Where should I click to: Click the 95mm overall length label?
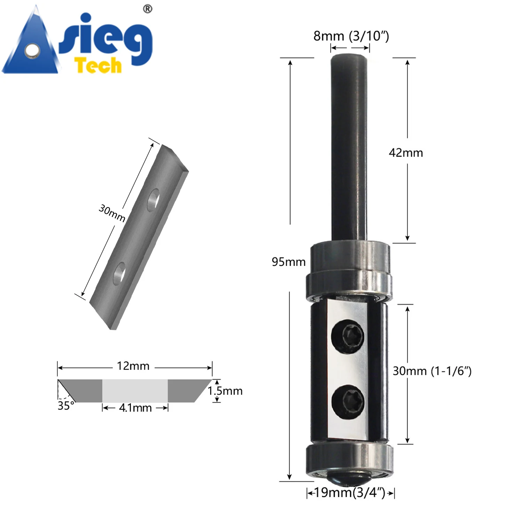pos(288,262)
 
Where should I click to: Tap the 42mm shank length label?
pos(406,153)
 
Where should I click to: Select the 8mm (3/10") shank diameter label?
pos(351,36)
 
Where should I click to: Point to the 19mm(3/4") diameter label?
pos(350,492)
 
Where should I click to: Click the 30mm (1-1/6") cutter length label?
pos(432,371)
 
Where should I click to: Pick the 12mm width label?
pos(133,366)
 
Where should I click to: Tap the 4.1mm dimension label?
pos(135,408)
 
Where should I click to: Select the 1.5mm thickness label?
pos(225,391)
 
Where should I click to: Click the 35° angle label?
pos(66,406)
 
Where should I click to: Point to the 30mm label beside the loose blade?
pos(112,213)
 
